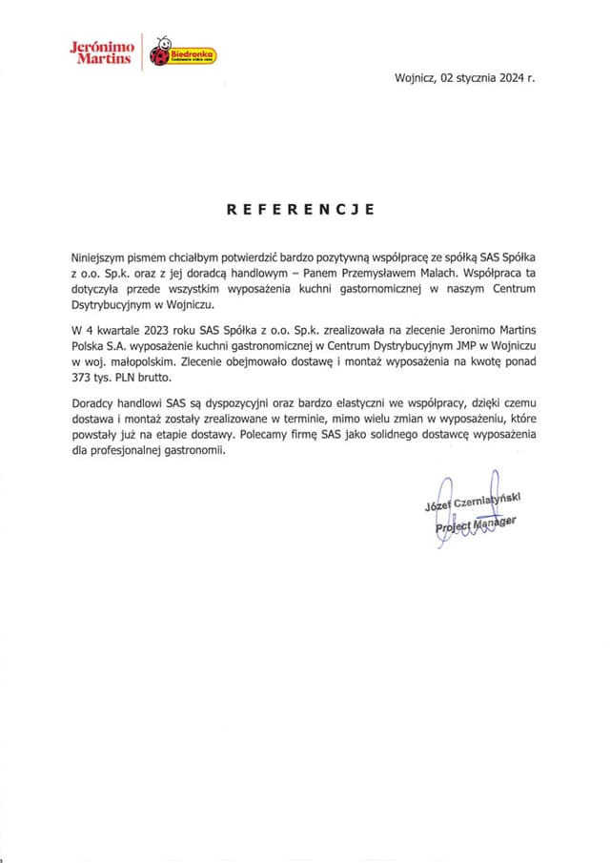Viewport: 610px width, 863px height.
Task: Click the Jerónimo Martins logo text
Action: [101, 52]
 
